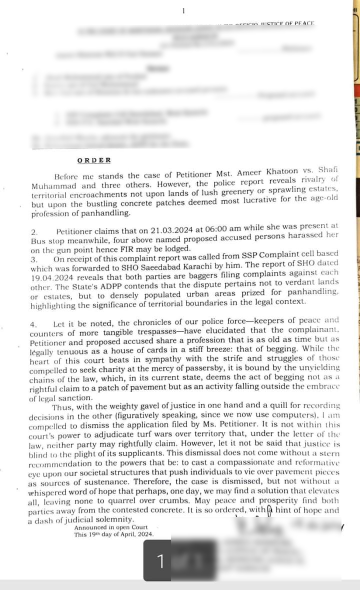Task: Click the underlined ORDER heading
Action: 94,160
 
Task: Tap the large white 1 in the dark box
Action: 160,561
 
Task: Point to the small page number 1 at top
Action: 183,10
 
